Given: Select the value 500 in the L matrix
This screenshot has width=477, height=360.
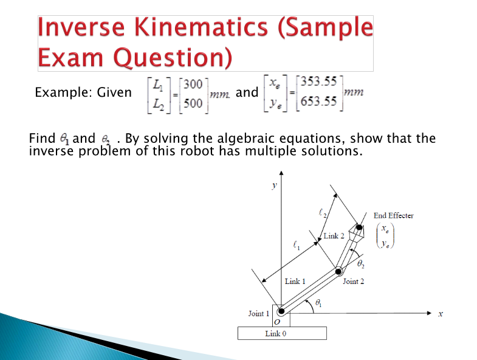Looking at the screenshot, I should (193, 103).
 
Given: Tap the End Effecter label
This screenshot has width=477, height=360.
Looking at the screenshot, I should (394, 215).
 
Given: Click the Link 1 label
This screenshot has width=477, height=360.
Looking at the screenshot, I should (295, 281).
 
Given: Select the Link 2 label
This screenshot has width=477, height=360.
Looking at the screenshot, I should (334, 235).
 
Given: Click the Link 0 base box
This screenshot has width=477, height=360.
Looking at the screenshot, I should (282, 333).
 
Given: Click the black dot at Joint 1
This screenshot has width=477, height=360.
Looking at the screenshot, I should (281, 311).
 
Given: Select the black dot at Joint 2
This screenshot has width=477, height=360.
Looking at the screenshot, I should (338, 271).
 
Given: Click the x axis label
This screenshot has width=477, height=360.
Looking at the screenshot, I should (441, 314).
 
